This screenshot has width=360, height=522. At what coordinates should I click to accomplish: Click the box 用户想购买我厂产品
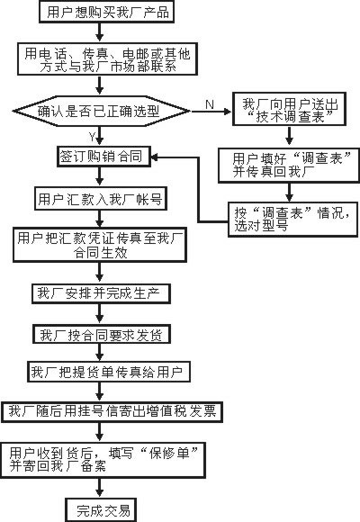[106, 12]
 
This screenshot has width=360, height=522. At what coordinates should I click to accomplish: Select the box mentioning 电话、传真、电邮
[107, 58]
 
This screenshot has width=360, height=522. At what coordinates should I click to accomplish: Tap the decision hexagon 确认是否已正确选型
[101, 112]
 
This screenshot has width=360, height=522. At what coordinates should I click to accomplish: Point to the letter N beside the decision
[210, 104]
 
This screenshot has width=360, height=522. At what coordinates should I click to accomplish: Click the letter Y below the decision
[92, 136]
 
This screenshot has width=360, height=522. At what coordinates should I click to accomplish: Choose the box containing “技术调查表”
[289, 109]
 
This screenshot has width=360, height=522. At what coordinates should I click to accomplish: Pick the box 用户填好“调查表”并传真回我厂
[289, 166]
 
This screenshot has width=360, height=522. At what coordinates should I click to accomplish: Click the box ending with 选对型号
[292, 220]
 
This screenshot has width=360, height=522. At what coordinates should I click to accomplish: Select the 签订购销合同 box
[103, 156]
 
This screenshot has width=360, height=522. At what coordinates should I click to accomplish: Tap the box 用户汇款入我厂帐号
[100, 199]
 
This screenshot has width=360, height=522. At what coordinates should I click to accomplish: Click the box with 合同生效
[100, 245]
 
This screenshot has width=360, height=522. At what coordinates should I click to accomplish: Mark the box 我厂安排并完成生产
[101, 293]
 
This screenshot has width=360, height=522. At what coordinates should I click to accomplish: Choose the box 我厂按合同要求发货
[102, 335]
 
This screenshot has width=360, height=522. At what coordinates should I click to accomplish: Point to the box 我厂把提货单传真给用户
[109, 372]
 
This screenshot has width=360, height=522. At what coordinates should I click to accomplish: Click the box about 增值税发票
[112, 412]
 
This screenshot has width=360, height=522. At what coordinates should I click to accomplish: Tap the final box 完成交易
[101, 509]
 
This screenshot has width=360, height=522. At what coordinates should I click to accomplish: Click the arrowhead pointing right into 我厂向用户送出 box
[228, 112]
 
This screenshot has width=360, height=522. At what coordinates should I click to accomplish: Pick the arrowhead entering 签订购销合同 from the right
[155, 157]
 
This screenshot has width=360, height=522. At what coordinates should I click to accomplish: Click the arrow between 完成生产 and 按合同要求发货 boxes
[99, 314]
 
